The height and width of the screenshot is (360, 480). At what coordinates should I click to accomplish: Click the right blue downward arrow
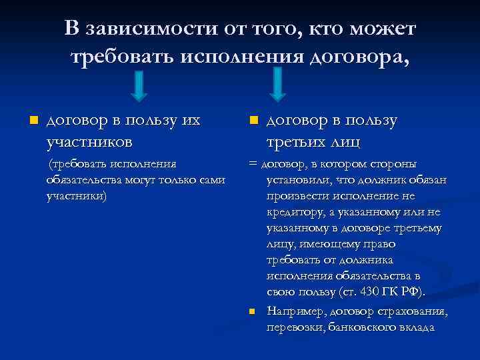click(x=279, y=86)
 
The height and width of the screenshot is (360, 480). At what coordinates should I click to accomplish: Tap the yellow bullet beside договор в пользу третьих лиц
click(x=253, y=121)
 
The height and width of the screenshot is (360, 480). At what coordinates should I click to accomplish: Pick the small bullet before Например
click(x=253, y=311)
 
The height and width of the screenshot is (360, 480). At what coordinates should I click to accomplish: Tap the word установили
click(x=297, y=180)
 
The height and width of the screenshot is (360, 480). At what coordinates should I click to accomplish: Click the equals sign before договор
click(x=252, y=164)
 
